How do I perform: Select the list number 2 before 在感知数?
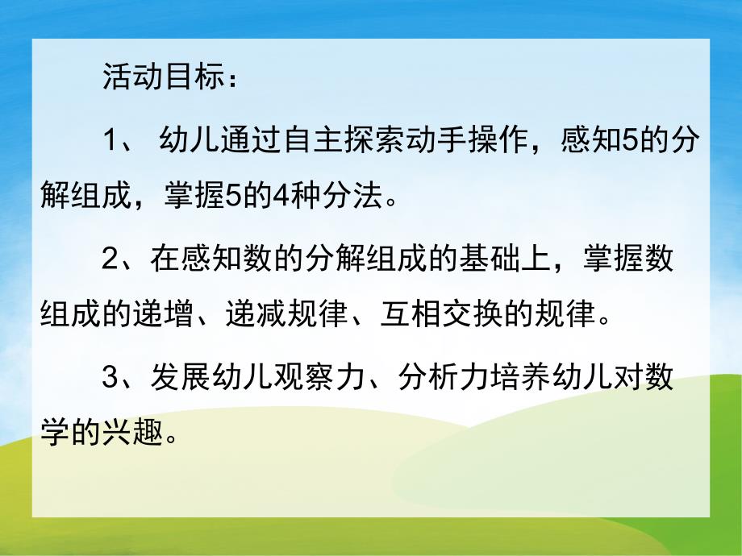point(111,261)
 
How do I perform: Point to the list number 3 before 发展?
point(111,379)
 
